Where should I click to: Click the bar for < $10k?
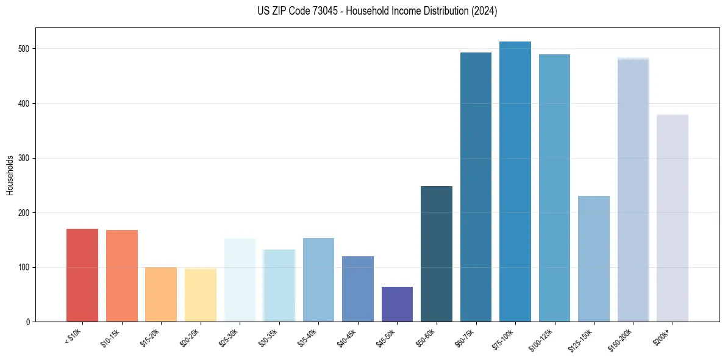[82, 275]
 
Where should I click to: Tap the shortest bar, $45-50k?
[397, 304]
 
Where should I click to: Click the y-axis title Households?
[10, 175]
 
